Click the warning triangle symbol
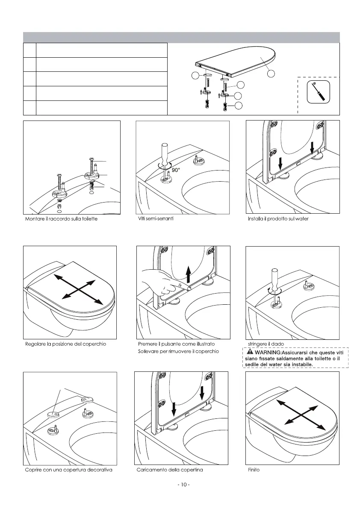(x=249, y=352)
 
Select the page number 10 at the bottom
(x=183, y=485)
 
